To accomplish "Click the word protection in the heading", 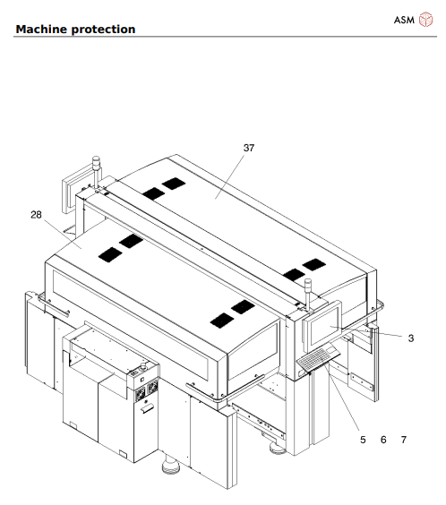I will pos(106,30).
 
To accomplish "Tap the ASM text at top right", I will pos(404,19).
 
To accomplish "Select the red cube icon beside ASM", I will pos(425,19).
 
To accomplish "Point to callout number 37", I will pos(249,147).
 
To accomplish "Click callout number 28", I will pos(37,215).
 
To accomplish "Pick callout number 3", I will pos(410,338).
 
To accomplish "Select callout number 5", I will pos(363,440).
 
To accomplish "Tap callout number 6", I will pos(383,440).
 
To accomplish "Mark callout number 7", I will pos(404,440).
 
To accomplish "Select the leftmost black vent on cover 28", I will pos(108,253).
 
